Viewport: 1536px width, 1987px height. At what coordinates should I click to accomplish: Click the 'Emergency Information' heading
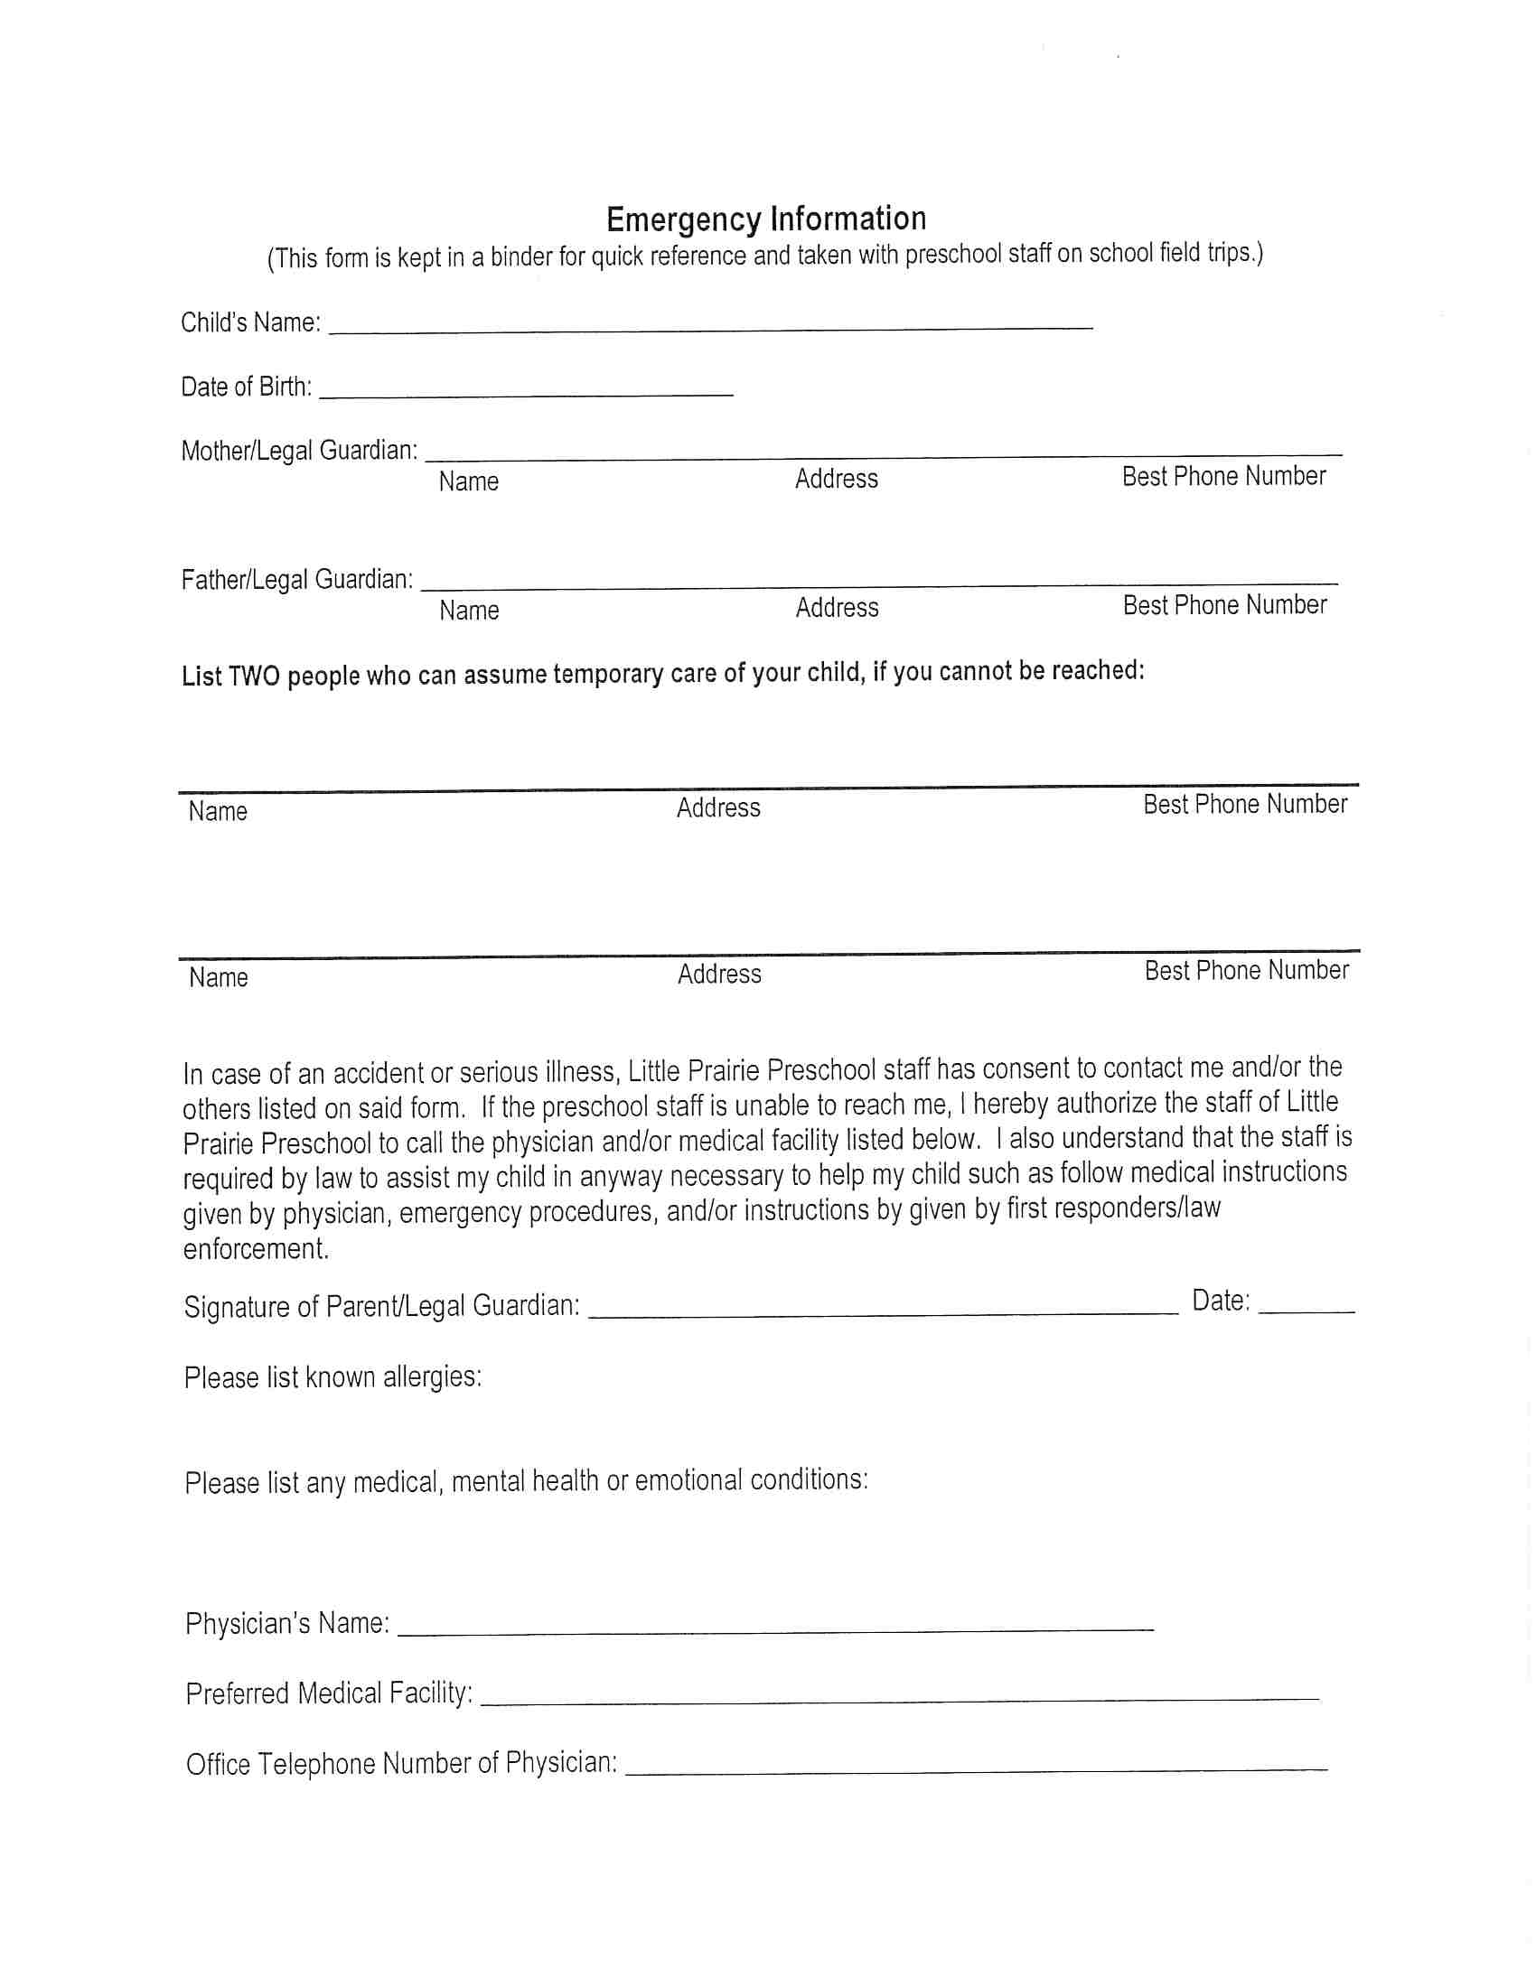pos(766,219)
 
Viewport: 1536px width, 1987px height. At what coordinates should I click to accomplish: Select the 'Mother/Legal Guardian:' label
pos(299,451)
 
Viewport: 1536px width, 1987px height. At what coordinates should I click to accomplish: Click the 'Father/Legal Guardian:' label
pos(297,580)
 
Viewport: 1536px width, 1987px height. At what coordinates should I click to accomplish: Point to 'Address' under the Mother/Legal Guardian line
pos(837,479)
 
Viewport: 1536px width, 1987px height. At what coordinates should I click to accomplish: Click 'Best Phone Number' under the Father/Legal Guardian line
pos(1225,605)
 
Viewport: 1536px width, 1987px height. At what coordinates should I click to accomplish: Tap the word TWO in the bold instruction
pos(254,676)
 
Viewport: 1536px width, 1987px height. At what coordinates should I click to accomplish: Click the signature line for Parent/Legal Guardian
pos(883,1311)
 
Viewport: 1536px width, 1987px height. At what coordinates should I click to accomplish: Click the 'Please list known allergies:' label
pos(332,1377)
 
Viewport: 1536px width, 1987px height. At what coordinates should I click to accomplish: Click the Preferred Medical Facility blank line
pos(899,1698)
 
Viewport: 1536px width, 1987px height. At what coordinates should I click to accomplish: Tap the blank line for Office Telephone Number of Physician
pos(977,1768)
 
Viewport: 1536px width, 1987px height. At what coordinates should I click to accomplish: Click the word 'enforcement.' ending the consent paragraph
pos(256,1249)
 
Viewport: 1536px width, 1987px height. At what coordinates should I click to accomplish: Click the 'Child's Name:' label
pos(250,323)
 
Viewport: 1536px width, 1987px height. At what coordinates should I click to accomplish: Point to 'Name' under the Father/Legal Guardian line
pos(469,610)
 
